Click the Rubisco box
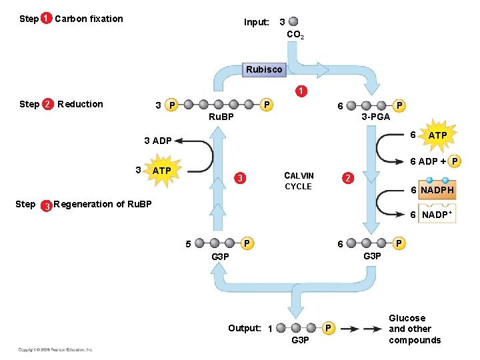(x=264, y=69)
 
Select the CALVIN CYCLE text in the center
(x=298, y=181)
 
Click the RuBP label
(x=221, y=117)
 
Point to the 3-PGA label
(x=375, y=117)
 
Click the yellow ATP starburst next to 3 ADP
(x=161, y=171)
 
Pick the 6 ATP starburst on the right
(x=437, y=135)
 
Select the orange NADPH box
(x=437, y=190)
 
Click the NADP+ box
(x=437, y=215)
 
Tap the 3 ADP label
(x=158, y=141)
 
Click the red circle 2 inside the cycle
(x=347, y=178)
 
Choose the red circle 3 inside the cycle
(x=241, y=178)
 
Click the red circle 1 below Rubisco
(x=301, y=91)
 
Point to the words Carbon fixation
(x=89, y=19)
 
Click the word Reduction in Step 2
(x=80, y=104)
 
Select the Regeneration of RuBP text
(x=103, y=204)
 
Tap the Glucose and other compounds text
(x=415, y=329)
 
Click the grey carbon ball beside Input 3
(x=294, y=22)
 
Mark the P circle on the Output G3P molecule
(x=328, y=328)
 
